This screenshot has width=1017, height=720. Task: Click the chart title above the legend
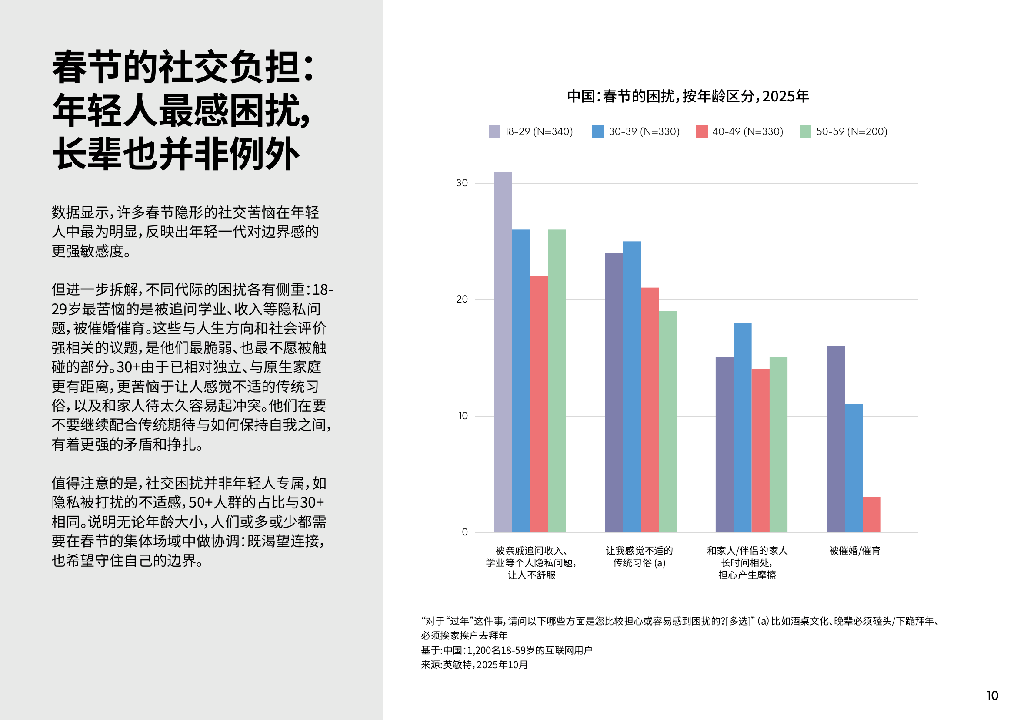point(688,96)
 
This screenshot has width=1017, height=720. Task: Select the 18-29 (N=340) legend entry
point(530,131)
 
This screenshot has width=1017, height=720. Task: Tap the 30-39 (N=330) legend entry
point(636,131)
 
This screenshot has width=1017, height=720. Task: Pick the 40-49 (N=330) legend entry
point(739,131)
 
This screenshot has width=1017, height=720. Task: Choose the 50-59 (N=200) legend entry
point(844,131)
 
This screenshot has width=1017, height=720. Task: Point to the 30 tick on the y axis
point(462,183)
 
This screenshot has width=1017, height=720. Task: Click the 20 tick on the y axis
point(462,299)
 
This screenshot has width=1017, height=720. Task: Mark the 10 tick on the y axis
point(463,416)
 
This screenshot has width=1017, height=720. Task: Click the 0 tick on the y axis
point(465,532)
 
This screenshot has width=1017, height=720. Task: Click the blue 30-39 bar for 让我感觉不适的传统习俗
point(632,387)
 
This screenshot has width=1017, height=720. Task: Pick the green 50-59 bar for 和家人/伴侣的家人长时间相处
point(778,445)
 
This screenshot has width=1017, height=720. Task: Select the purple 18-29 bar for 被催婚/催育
point(835,439)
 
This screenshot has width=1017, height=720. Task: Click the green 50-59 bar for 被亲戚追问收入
point(557,381)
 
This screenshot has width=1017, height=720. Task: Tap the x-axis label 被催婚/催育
point(854,551)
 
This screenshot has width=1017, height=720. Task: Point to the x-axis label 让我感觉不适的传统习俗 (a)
point(639,557)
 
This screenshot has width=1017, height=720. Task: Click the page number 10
point(992,696)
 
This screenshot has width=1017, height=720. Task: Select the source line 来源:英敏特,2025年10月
point(474,665)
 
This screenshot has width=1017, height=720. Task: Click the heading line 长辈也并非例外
point(176,154)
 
